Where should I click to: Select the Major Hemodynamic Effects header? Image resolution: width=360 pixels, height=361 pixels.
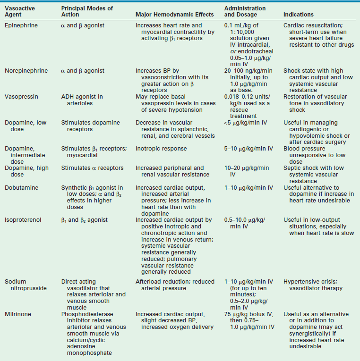pos(174,15)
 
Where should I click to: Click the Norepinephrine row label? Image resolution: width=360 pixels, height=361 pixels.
pos(26,71)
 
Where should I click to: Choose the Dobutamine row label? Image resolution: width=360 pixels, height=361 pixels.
pos(22,188)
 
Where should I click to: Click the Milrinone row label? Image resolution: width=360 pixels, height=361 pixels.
pos(18,314)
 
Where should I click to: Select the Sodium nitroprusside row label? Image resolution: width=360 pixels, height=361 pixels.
pos(23,285)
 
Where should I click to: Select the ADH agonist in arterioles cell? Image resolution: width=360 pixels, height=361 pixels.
pos(82,100)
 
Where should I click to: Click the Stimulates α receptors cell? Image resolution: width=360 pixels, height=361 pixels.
pos(93,168)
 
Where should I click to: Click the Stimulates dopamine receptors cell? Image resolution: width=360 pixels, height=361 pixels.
pos(87,126)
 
